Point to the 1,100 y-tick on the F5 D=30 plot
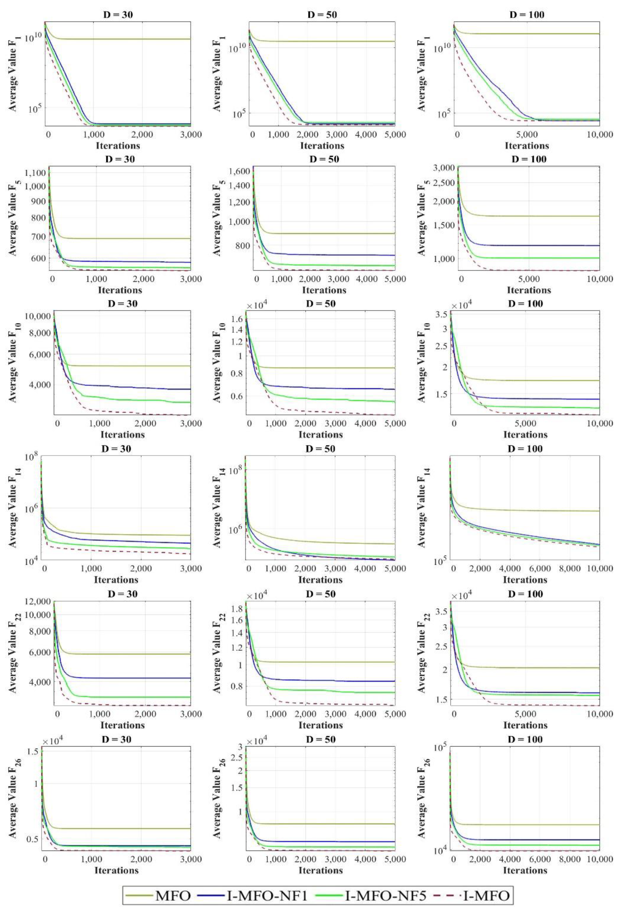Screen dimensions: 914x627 [35, 172]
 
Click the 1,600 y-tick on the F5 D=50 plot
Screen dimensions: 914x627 [240, 171]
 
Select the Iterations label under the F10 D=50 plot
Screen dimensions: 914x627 [321, 434]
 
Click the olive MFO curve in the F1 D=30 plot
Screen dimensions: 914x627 [118, 39]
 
